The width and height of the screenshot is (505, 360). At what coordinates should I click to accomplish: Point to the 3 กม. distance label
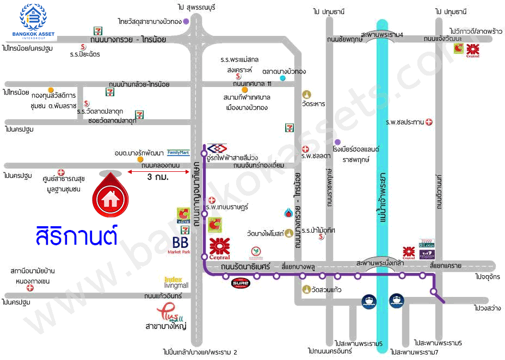[157, 177]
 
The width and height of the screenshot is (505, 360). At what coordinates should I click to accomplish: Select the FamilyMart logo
[178, 152]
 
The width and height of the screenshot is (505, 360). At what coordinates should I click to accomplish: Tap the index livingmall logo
[175, 282]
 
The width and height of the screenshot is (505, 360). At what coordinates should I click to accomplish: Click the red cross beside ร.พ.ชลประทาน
[429, 122]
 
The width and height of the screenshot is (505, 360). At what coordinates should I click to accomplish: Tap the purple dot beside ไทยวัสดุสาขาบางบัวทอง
[186, 22]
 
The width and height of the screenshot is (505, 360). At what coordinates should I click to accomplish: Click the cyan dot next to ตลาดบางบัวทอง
[282, 78]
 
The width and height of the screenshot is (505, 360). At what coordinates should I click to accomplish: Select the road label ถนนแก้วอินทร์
[163, 296]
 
